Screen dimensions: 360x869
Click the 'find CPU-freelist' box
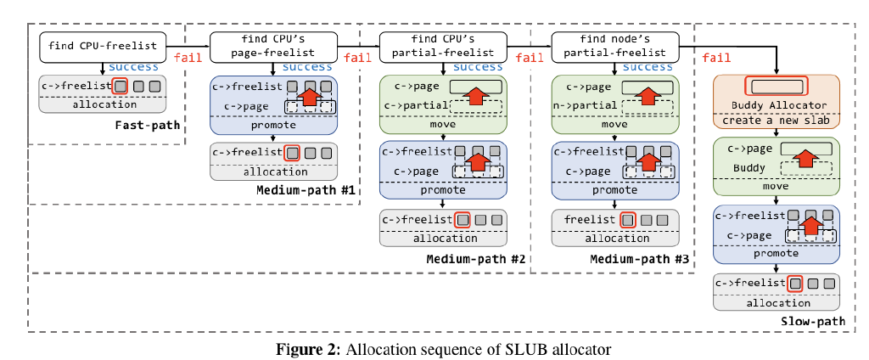tap(103, 47)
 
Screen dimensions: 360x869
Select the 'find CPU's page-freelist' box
tap(273, 47)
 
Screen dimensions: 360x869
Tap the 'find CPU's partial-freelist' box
tap(443, 47)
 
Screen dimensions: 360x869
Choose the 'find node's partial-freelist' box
tap(614, 47)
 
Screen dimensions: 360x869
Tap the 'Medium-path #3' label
tap(639, 258)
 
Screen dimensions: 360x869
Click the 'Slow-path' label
tap(812, 321)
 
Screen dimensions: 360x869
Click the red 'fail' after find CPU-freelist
tap(188, 57)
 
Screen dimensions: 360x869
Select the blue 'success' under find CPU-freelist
tap(134, 66)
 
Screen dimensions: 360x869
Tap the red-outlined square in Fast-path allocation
tap(121, 86)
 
